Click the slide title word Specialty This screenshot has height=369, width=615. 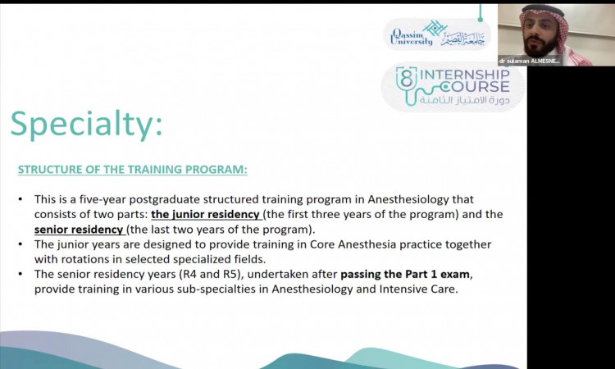point(86,125)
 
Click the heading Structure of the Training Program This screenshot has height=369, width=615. point(133,170)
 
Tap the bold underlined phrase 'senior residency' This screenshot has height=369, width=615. point(79,230)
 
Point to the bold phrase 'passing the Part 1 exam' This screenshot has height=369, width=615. point(405,274)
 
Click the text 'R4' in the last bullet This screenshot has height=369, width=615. point(189,274)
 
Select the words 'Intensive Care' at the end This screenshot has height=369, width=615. point(418,289)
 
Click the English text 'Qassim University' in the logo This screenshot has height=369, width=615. point(412,37)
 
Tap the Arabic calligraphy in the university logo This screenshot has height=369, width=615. point(462,39)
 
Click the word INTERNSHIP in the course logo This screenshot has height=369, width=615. point(465,74)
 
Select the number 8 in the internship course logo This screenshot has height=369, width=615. point(407,77)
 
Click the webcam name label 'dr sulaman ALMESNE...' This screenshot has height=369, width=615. point(530,61)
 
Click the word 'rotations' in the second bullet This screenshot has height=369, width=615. point(75,259)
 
